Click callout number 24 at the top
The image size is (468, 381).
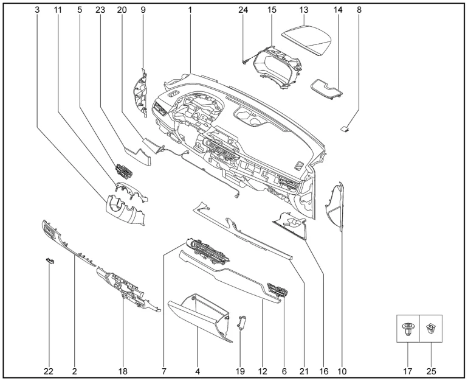[243, 10]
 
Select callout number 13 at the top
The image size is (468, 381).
[304, 10]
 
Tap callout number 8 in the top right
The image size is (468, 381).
[359, 10]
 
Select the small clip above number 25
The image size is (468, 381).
[430, 329]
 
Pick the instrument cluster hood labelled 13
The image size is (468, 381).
[307, 38]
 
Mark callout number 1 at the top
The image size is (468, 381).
[190, 10]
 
